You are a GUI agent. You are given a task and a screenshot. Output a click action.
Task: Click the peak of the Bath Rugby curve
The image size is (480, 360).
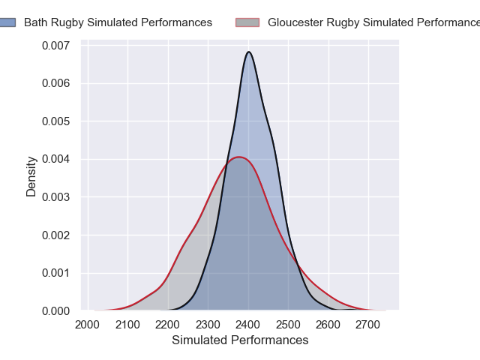point(249,52)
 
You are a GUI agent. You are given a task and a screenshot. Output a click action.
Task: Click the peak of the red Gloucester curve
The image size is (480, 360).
point(239,157)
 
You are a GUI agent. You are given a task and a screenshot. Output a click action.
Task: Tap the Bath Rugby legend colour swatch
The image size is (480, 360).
point(7,22)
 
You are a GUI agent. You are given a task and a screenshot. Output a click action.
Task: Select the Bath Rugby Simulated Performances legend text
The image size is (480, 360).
point(118,22)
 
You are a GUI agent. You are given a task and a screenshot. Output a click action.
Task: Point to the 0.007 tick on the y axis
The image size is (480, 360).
point(55,46)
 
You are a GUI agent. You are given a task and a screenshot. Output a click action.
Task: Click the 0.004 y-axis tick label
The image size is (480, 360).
point(55,159)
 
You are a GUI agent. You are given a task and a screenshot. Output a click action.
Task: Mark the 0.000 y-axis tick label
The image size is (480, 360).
point(55,310)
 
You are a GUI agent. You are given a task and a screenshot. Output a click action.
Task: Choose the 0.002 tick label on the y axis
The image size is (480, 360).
point(55,235)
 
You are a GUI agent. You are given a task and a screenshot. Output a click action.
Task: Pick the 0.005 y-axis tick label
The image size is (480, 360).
point(55,121)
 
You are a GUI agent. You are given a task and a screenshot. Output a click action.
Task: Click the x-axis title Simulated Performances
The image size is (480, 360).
point(240,340)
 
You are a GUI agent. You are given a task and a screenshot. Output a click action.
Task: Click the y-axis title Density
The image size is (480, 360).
point(31,176)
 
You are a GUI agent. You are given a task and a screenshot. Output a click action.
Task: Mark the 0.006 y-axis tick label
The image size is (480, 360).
point(55,83)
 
